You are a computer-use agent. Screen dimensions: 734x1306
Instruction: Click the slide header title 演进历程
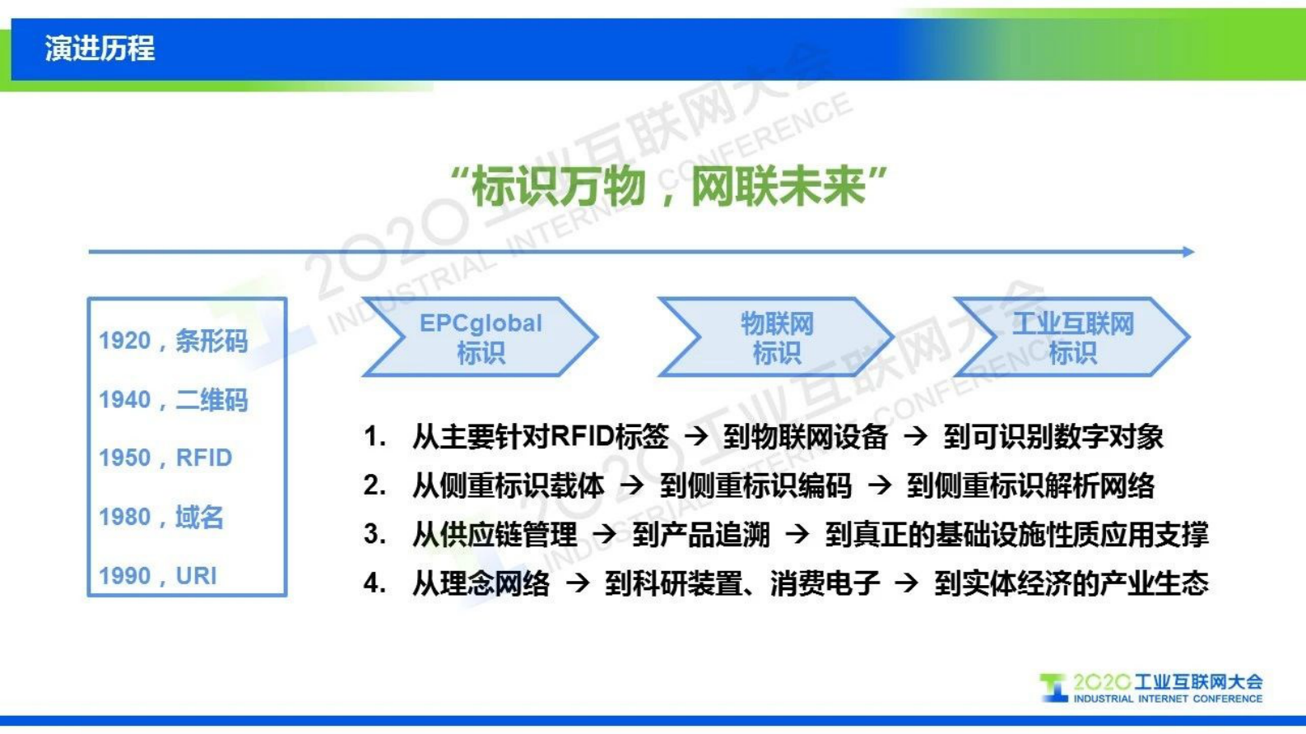click(x=100, y=49)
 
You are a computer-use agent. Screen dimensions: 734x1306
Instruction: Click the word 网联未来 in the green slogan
click(x=778, y=186)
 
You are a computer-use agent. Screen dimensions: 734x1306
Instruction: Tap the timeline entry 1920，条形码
click(x=173, y=340)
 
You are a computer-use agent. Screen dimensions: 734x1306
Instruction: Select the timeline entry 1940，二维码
click(x=173, y=400)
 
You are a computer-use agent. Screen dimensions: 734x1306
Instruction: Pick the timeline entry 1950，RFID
click(x=165, y=458)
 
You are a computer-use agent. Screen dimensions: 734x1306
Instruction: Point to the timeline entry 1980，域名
click(x=161, y=517)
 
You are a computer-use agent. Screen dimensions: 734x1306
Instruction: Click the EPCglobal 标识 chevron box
click(x=481, y=337)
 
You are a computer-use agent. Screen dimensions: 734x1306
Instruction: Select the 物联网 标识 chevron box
click(x=776, y=337)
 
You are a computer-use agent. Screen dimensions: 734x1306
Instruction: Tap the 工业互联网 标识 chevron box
click(x=1071, y=337)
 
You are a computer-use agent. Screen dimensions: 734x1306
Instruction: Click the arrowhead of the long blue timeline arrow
click(x=1188, y=252)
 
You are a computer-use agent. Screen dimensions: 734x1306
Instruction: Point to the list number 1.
click(x=374, y=436)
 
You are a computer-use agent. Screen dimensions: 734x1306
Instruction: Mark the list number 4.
click(x=374, y=583)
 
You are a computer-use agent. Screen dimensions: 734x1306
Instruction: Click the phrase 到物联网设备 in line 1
click(x=806, y=436)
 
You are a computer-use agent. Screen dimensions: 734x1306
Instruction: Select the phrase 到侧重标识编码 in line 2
click(x=755, y=485)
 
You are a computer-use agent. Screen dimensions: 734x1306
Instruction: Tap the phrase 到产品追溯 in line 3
click(x=701, y=535)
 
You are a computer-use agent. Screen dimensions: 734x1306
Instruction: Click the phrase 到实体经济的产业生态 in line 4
click(x=1071, y=583)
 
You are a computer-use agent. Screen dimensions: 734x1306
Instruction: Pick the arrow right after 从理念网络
click(x=578, y=583)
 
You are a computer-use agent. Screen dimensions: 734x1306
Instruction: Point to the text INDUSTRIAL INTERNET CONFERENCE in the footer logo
click(x=1167, y=699)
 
